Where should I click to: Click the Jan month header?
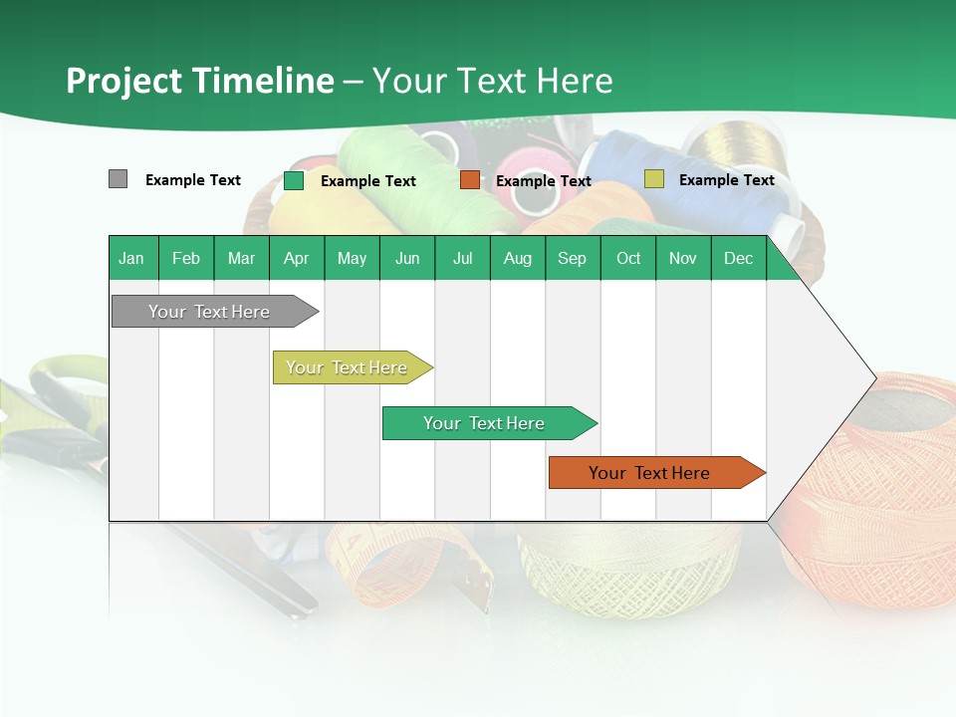point(132,258)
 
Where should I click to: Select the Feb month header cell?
point(186,258)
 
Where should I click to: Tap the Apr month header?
point(297,258)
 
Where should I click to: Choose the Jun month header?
point(407,258)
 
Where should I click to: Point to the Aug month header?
point(518,258)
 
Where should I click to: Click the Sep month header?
point(573,258)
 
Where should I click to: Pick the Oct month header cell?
point(628,258)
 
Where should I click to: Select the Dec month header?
point(739,258)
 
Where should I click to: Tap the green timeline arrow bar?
point(485,423)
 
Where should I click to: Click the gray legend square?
point(118,179)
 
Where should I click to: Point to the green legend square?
point(294,180)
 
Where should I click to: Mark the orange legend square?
point(470,180)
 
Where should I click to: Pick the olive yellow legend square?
point(653,179)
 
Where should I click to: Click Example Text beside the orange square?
point(544,181)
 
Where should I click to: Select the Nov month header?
point(683,258)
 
